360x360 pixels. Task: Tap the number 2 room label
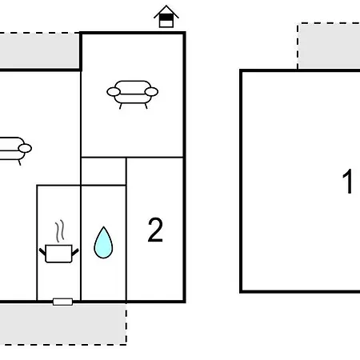click(x=155, y=230)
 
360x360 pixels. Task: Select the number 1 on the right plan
click(x=348, y=182)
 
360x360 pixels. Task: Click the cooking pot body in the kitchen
click(x=59, y=254)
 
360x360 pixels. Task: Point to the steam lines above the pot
click(x=60, y=230)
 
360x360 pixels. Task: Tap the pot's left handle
click(x=42, y=252)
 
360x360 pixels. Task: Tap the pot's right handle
click(x=75, y=252)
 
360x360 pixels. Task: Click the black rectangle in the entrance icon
click(x=166, y=18)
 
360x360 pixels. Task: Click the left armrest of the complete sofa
click(x=114, y=92)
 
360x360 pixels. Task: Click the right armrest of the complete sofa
click(x=151, y=92)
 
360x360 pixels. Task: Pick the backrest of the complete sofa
click(x=133, y=86)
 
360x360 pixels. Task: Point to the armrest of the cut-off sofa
click(x=25, y=148)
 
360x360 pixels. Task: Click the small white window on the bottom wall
click(x=62, y=302)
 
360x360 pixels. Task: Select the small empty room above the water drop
click(x=103, y=171)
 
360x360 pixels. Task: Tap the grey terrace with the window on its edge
click(x=63, y=324)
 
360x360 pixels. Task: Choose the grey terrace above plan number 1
click(x=329, y=46)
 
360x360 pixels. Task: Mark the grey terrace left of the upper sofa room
click(x=39, y=50)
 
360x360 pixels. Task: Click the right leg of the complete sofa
click(x=146, y=106)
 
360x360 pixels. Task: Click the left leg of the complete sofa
click(x=121, y=106)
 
